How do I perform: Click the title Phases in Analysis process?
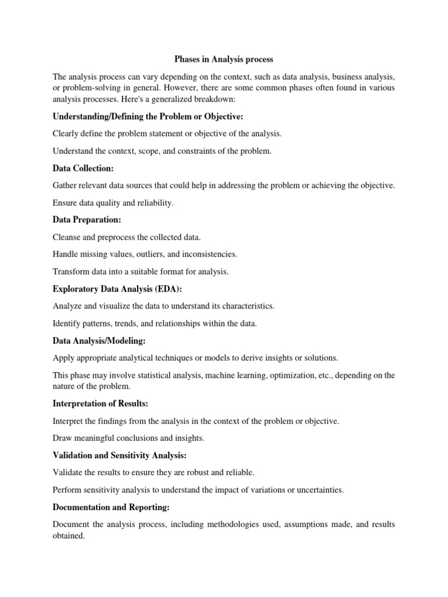click(224, 59)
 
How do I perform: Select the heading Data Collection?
click(83, 168)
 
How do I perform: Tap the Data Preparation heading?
click(87, 220)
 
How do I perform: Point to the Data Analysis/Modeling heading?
click(99, 340)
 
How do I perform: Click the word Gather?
click(65, 185)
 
